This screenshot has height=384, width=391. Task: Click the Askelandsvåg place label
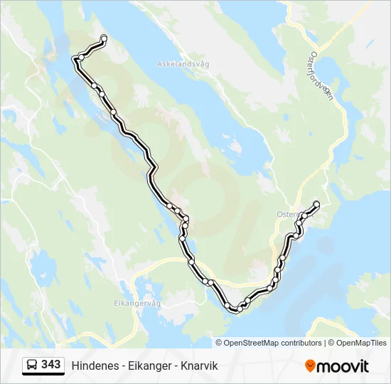183,64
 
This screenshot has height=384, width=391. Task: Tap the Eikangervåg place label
138,302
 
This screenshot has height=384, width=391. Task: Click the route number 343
50,365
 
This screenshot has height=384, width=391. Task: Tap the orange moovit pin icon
311,366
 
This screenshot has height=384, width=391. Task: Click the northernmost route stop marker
104,38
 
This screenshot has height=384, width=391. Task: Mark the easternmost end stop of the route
316,205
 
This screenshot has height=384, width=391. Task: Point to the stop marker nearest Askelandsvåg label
104,38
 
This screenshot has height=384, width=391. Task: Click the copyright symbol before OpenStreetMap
219,343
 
